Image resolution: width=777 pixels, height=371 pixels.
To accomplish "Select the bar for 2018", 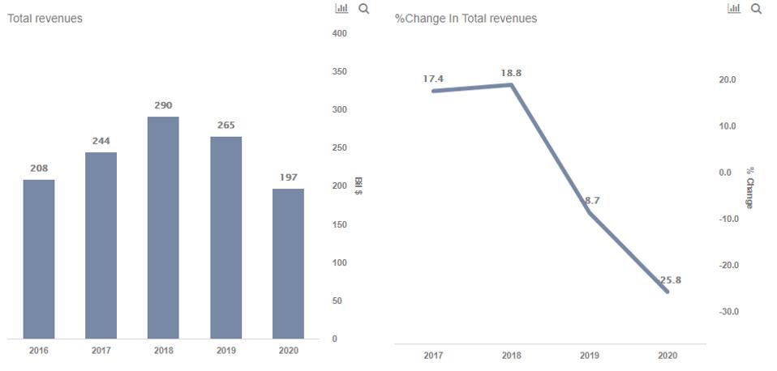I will click(163, 228).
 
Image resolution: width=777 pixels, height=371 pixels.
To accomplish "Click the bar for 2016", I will click(39, 259).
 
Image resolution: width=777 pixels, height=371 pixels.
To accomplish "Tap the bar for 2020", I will click(288, 263).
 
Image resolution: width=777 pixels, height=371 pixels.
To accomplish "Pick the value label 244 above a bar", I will click(101, 141).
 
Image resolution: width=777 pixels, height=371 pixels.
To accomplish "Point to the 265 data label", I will click(225, 125).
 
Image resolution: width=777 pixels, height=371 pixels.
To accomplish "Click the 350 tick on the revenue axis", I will click(339, 72).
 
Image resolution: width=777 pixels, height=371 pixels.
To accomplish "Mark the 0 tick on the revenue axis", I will click(335, 339).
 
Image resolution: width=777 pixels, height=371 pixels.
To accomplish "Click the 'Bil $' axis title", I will click(358, 186).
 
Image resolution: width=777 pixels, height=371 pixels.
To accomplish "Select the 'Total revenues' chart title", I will click(45, 19).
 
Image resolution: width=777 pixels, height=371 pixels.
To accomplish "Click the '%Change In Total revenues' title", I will click(466, 19).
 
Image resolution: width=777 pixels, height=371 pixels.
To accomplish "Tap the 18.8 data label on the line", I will click(511, 73).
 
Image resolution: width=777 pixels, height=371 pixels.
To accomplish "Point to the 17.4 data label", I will click(433, 79).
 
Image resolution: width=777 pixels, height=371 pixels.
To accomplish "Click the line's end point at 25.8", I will click(668, 291).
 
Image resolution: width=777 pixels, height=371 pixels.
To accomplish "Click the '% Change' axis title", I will click(749, 188).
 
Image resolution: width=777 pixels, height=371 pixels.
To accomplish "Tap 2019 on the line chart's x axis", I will click(590, 356).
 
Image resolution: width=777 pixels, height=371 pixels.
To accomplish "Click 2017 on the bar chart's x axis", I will click(101, 351).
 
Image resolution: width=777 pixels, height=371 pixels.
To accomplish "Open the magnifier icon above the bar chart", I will click(363, 9).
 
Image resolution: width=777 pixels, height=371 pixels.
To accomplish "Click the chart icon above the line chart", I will click(734, 9).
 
